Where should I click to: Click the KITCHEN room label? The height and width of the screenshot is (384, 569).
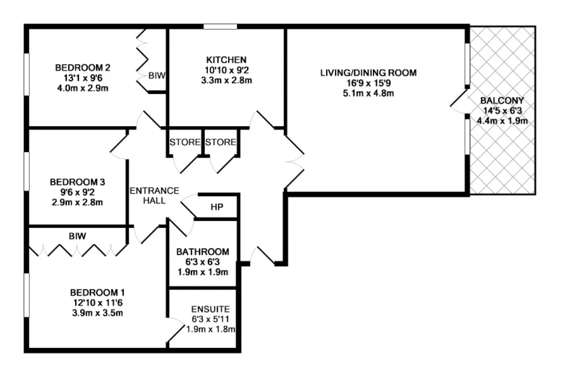226,60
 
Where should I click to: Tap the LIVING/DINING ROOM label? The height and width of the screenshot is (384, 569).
369,73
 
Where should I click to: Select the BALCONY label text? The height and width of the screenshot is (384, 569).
502,100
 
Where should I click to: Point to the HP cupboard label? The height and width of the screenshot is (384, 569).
217,207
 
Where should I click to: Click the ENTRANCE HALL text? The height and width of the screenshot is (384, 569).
154,196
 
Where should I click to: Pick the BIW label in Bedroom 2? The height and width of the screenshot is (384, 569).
157,76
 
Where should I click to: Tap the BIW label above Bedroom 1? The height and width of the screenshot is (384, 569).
77,236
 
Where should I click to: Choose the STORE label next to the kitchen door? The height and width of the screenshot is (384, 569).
220,142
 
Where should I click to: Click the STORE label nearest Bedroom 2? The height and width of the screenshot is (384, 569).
185,142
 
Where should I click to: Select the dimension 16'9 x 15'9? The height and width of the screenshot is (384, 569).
369,83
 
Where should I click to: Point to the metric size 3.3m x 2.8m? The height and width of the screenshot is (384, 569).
226,80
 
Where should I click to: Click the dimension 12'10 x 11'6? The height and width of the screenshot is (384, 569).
98,303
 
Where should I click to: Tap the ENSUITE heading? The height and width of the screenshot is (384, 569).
210,309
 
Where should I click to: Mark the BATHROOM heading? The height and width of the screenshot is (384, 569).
203,252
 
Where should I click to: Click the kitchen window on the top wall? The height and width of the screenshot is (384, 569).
220,26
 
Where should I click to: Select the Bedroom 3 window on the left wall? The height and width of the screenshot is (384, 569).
26,171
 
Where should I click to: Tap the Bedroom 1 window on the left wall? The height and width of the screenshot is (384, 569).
26,295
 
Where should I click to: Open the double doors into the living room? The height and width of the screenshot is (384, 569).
294,162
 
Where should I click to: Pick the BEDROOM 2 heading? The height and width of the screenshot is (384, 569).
83,68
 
